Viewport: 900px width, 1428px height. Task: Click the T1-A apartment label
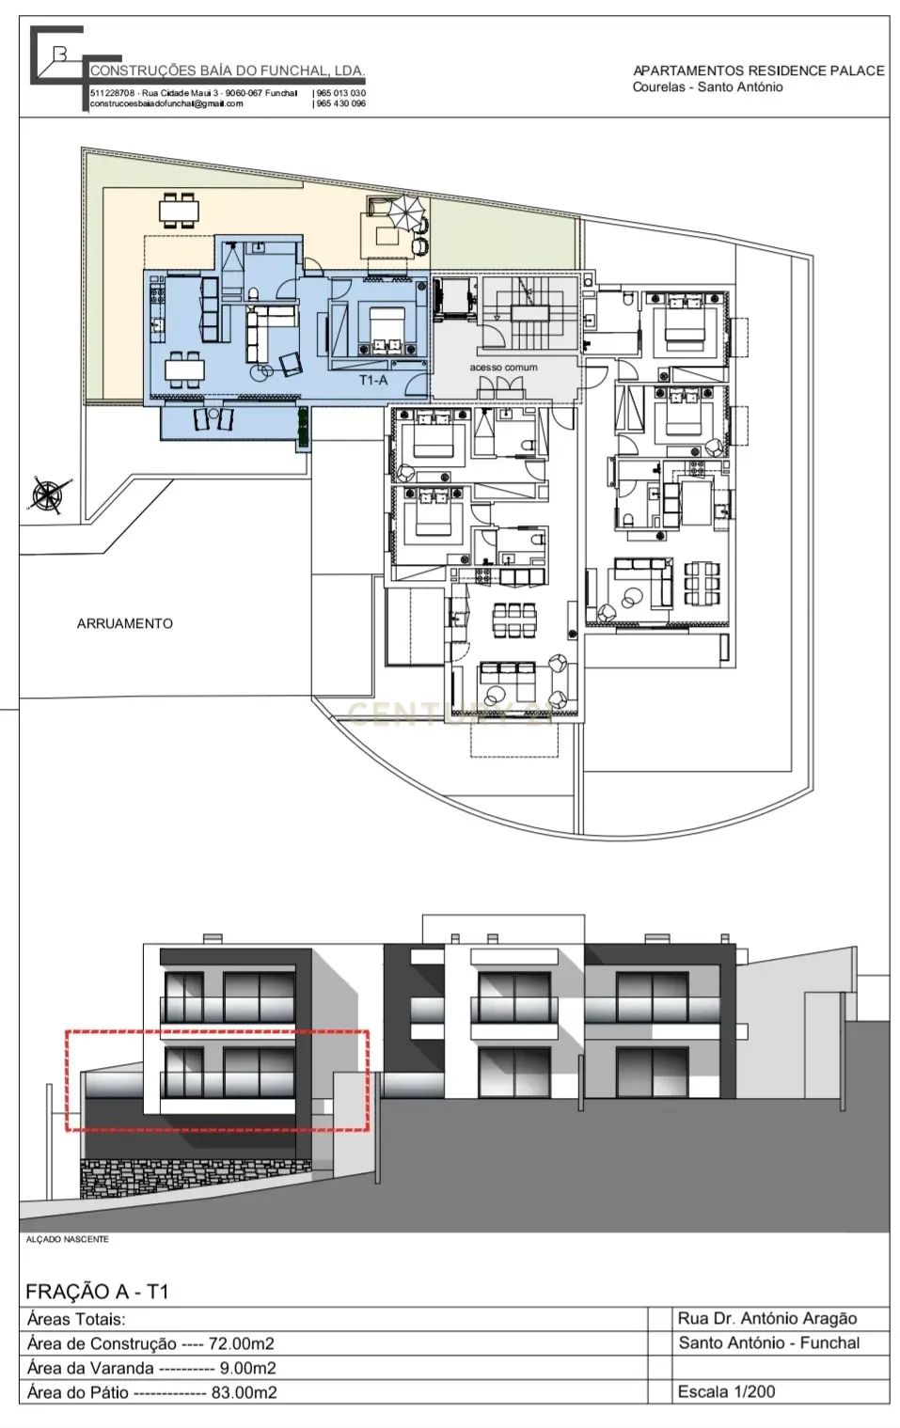point(373,380)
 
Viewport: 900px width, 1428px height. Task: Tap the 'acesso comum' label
point(503,368)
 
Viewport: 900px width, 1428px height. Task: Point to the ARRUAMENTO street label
point(125,623)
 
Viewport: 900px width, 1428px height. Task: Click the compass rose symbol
point(46,494)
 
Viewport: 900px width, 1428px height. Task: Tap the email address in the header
point(166,103)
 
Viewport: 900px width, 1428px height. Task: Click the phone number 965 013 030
point(340,93)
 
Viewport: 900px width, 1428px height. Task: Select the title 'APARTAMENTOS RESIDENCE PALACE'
point(758,71)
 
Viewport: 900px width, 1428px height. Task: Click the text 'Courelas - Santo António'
point(707,87)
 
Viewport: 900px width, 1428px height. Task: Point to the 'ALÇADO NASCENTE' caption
point(67,1240)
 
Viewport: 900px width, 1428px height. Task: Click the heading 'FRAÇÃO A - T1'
point(97,1292)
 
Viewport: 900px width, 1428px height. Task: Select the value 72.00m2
point(242,1343)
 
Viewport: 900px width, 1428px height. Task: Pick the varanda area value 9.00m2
point(247,1368)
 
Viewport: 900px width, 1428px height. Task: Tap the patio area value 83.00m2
point(244,1392)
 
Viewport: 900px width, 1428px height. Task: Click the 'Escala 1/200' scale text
point(726,1391)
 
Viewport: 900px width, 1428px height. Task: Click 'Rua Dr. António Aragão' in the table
point(767,1318)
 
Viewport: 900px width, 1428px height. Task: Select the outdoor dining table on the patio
point(179,211)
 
